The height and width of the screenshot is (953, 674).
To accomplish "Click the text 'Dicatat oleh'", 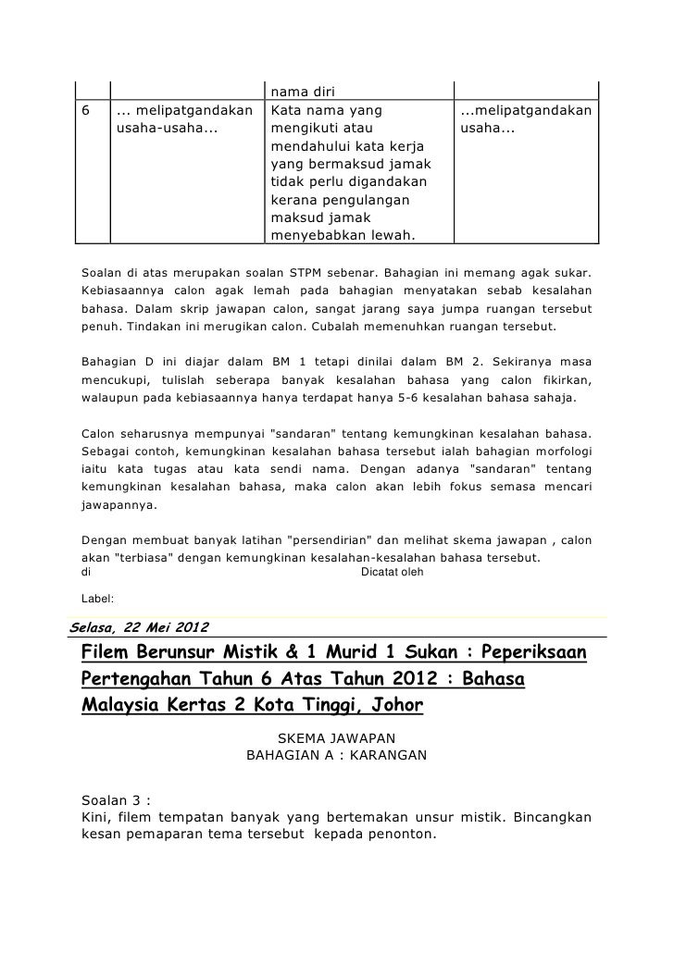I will coord(392,572).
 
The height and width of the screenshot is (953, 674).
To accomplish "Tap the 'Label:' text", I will coord(98,599).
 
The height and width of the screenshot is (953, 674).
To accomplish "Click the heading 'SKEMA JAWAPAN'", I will coord(336,737).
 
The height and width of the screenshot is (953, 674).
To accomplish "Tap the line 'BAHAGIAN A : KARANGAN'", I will coord(336,755).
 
